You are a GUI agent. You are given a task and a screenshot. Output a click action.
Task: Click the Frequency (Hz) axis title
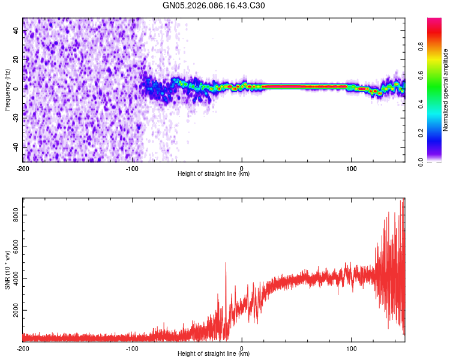[x=7, y=89]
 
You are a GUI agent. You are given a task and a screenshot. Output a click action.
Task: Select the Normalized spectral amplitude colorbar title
[x=445, y=90]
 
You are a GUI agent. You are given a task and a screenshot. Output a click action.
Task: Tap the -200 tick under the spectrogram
[x=23, y=167]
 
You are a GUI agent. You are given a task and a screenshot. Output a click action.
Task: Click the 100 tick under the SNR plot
[x=351, y=347]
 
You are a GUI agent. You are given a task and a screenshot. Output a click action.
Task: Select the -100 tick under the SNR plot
[x=132, y=347]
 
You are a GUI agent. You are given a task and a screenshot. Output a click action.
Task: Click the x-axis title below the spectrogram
[x=214, y=174]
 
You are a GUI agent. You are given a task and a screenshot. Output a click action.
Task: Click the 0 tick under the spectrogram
[x=242, y=167]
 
